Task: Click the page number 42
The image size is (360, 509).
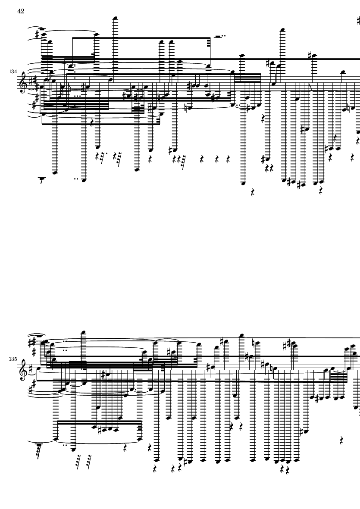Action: pos(21,11)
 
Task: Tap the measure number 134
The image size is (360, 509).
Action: pos(13,72)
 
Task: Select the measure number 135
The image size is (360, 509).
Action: pos(13,359)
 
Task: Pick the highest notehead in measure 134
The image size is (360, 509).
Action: pos(115,18)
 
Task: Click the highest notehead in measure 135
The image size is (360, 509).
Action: pos(84,332)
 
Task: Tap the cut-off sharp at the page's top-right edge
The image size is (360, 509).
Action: pos(358,21)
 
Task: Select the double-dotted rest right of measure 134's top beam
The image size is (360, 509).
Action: pos(220,36)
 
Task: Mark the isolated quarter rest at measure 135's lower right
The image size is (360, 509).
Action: pos(341,440)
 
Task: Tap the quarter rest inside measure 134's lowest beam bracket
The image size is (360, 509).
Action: pos(92,122)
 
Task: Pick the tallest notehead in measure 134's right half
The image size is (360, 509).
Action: pos(283,30)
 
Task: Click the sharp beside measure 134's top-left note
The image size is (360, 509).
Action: pos(38,34)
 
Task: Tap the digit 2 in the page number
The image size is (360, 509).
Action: pos(22,11)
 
